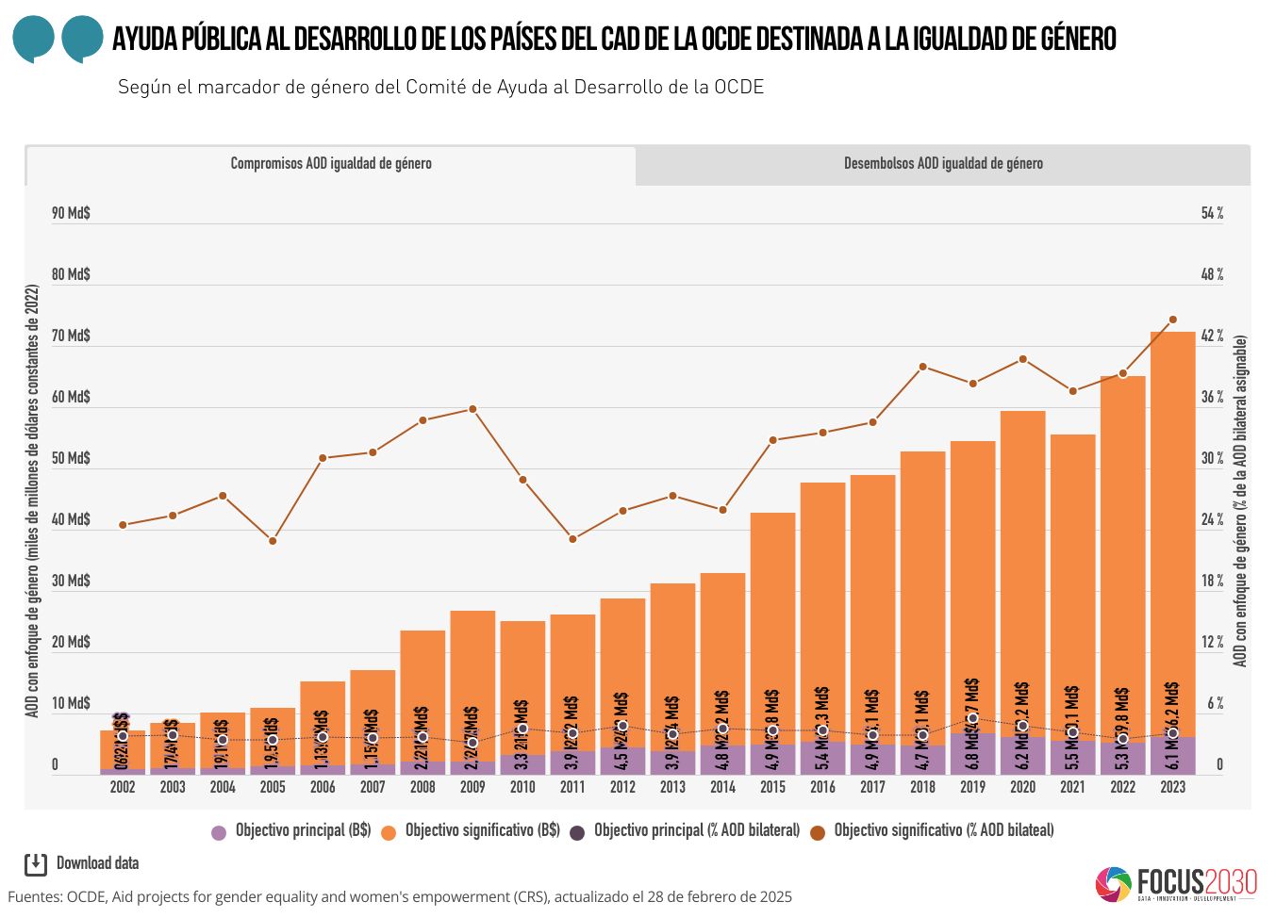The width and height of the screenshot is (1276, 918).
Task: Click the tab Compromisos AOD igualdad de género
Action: click(x=331, y=164)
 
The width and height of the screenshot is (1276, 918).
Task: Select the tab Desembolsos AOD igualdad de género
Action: click(x=943, y=164)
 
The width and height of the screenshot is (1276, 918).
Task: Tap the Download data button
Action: click(x=82, y=863)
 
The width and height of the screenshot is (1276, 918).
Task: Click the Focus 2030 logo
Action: click(x=1176, y=883)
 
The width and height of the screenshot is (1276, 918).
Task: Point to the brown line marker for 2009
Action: click(x=472, y=409)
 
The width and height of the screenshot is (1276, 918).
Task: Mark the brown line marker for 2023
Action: click(x=1172, y=320)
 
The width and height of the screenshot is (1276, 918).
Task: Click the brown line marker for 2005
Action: click(x=273, y=541)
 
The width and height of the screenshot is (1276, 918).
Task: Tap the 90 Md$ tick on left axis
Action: click(x=71, y=214)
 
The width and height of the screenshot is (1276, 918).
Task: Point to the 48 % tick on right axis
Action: click(x=1212, y=275)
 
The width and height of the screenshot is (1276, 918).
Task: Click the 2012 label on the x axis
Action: click(x=622, y=787)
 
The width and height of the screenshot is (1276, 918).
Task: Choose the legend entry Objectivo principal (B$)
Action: click(x=292, y=831)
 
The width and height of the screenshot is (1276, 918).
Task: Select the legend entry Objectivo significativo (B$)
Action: click(x=472, y=831)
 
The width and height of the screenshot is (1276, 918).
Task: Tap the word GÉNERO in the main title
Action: click(x=1078, y=39)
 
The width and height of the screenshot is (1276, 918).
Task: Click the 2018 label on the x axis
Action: click(x=922, y=787)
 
